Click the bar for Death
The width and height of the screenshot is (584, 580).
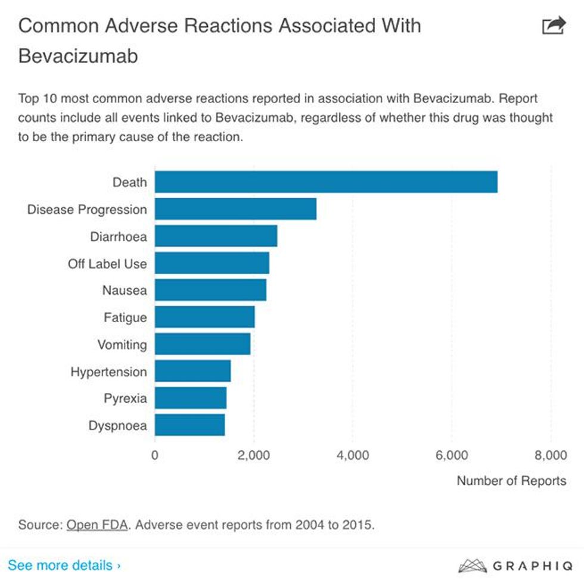coord(326,182)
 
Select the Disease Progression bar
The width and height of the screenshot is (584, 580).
coord(235,209)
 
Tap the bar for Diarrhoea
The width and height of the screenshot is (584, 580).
coord(216,236)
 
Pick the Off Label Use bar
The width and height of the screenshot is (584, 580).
coord(212,263)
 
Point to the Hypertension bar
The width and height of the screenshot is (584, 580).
coord(192,372)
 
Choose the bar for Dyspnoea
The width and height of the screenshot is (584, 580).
coord(190,426)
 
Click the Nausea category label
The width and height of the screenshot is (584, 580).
coord(125,291)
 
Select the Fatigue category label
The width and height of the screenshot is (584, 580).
coord(125,317)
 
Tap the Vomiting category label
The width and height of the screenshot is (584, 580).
coord(122,345)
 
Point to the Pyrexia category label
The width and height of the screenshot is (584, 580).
coord(125,398)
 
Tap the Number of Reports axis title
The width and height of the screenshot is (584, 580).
coord(511,481)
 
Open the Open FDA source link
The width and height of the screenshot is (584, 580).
coord(97,525)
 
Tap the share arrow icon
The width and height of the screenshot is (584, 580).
coord(553,26)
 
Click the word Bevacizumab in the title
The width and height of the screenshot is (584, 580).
coord(78,55)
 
